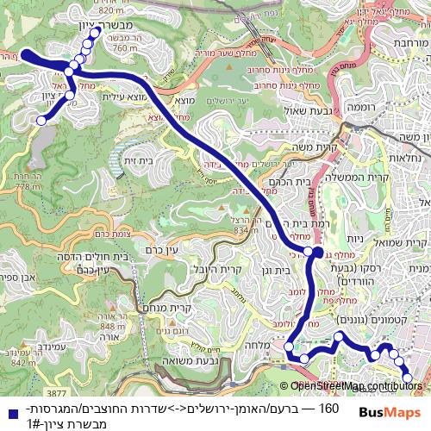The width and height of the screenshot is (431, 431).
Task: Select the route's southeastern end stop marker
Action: pyautogui.click(x=408, y=377)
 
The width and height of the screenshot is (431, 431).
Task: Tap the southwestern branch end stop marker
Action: pyautogui.click(x=41, y=122)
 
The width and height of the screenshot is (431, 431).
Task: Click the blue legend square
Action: pyautogui.click(x=8, y=409)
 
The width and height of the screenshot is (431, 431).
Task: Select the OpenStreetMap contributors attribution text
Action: pyautogui.click(x=356, y=386)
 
